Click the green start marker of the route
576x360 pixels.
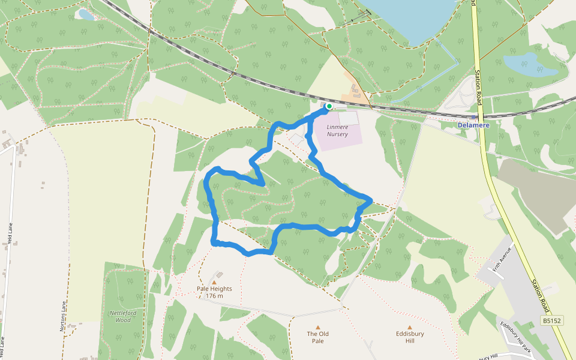(329, 106)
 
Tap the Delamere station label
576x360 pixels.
(473, 125)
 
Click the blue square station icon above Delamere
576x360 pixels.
(474, 117)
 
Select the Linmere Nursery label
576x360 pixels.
(337, 131)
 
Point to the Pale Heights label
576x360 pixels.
(214, 289)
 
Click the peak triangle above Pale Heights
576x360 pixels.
(214, 281)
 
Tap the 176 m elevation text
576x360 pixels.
(214, 296)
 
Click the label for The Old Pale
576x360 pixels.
(318, 337)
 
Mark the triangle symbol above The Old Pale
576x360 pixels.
(318, 327)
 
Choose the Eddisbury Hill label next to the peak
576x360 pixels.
(410, 337)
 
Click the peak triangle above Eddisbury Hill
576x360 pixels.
(410, 327)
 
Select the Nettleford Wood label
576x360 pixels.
(123, 316)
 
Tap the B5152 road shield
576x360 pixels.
(552, 321)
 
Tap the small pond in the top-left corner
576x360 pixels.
(86, 14)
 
